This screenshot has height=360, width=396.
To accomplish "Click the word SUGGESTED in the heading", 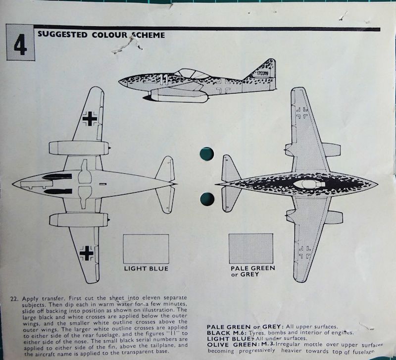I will pos(60,35).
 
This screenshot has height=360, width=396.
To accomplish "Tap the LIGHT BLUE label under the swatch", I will pos(146,268).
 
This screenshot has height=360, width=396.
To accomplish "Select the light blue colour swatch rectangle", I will pos(146,249).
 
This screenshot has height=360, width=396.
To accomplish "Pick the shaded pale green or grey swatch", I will pos(251,249).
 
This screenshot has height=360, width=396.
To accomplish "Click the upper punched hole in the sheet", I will pos(206,154).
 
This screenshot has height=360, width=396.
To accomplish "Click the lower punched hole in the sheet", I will pos(206,199).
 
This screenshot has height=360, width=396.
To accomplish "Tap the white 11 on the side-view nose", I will pos(164,78).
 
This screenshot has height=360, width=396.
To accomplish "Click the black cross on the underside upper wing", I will pos(90,118).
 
